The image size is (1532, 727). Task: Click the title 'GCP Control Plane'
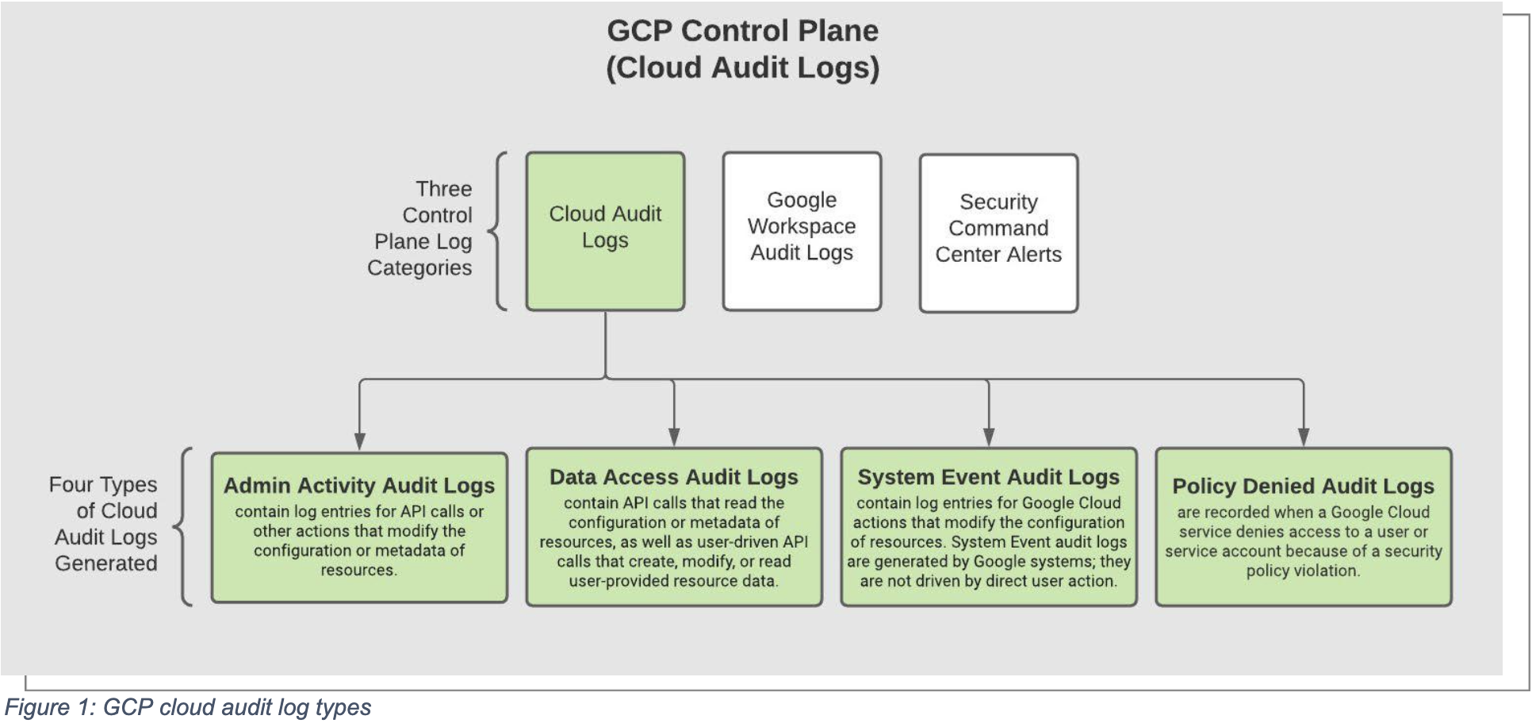point(742,31)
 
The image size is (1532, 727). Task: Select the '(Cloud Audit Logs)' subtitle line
point(742,68)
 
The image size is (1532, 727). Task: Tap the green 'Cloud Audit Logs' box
point(605,231)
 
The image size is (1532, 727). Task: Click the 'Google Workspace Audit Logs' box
point(802,231)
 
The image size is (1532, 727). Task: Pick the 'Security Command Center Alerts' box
point(998,233)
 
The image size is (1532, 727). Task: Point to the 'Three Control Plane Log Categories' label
point(419,229)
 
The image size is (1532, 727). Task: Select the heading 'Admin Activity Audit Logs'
point(359,486)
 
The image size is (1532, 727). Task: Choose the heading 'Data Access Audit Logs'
point(674,477)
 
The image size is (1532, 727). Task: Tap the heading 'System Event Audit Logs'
point(989,477)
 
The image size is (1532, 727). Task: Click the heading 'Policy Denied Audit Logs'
point(1304,486)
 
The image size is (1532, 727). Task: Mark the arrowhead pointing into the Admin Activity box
point(360,441)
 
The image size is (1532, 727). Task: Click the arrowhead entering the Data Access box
point(674,437)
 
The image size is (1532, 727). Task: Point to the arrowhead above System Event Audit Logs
point(989,437)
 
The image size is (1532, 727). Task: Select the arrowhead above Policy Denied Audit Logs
point(1304,437)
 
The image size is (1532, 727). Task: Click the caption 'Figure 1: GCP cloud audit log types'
point(188,707)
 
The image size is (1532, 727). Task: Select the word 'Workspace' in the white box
point(802,227)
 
